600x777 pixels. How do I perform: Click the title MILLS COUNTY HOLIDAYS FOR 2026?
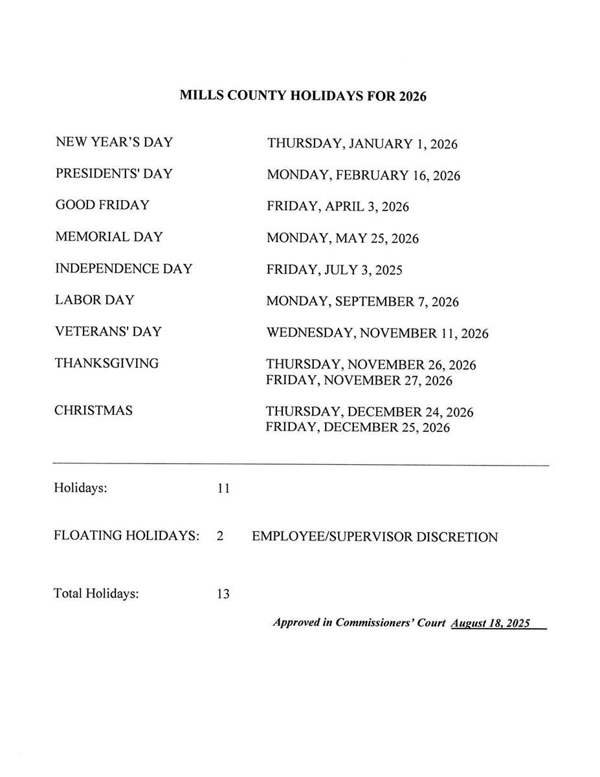pos(303,96)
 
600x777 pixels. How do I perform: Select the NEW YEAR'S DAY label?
pos(114,142)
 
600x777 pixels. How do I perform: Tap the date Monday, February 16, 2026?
pos(363,175)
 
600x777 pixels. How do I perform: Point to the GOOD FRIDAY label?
pos(102,205)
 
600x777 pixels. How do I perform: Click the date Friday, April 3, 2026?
pos(337,207)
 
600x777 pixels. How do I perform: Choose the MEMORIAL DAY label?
pos(109,237)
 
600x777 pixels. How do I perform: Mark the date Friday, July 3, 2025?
pos(334,270)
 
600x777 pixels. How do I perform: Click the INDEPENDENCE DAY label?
pos(124,269)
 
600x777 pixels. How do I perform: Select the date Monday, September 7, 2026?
pos(362,302)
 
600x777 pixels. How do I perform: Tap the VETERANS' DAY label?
pos(108,332)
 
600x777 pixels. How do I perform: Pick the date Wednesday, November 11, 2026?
pos(377,333)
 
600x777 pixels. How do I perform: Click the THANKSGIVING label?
pos(106,363)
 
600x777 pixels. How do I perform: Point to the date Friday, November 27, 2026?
pos(359,381)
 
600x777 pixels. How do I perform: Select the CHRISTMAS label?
pos(93,411)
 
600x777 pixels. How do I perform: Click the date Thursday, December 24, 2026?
pos(369,412)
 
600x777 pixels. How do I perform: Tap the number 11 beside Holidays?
pos(223,489)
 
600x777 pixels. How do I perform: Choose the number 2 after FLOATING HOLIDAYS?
pos(220,536)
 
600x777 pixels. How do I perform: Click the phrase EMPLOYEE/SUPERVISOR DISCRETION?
pos(375,537)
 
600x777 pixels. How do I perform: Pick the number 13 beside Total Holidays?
pos(223,594)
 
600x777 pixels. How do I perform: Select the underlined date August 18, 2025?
pos(491,623)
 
